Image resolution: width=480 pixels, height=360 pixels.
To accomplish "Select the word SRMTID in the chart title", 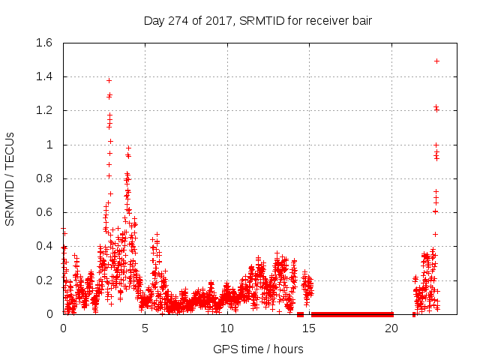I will point(256,21).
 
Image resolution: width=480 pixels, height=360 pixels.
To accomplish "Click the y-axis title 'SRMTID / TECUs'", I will point(10,178).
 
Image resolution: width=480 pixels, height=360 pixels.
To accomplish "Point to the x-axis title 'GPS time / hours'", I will point(258,349).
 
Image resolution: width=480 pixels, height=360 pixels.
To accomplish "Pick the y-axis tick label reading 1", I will point(50,145).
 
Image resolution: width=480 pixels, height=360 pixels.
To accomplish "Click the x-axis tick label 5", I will point(145,328).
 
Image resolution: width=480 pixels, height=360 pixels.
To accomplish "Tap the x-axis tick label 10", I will point(226,328).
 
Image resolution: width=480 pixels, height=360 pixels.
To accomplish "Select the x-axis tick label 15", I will point(309,328).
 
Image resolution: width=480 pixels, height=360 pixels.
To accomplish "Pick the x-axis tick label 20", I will point(391,328).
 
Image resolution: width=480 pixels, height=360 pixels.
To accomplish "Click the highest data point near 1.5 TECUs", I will point(436,61).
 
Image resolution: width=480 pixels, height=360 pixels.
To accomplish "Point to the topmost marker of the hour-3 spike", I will point(109,80).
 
